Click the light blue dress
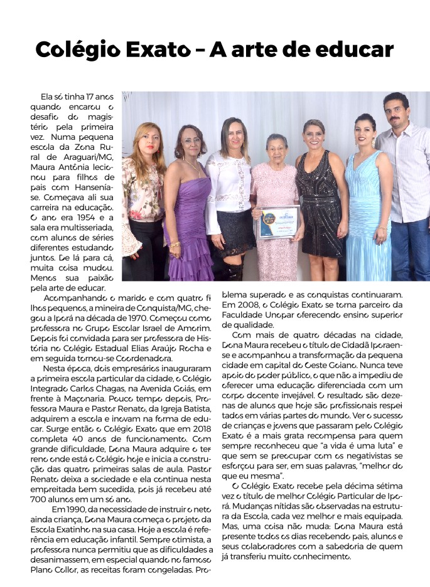(367, 213)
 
